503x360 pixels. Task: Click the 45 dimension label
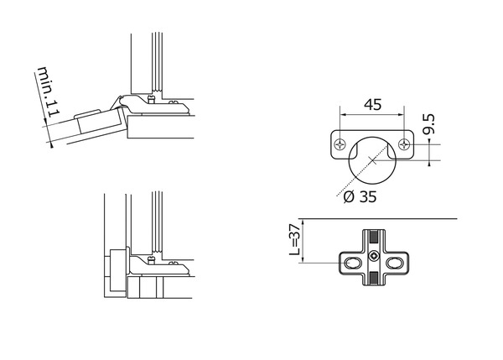point(373,105)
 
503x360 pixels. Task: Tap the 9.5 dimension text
point(428,123)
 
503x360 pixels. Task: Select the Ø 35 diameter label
point(360,196)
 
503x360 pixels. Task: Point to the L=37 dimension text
point(294,239)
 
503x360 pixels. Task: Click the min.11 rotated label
point(49,92)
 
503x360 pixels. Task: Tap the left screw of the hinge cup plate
point(339,144)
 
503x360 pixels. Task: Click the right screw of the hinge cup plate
point(404,144)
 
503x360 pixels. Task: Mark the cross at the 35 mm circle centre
point(372,160)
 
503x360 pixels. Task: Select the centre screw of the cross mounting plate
point(374,256)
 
